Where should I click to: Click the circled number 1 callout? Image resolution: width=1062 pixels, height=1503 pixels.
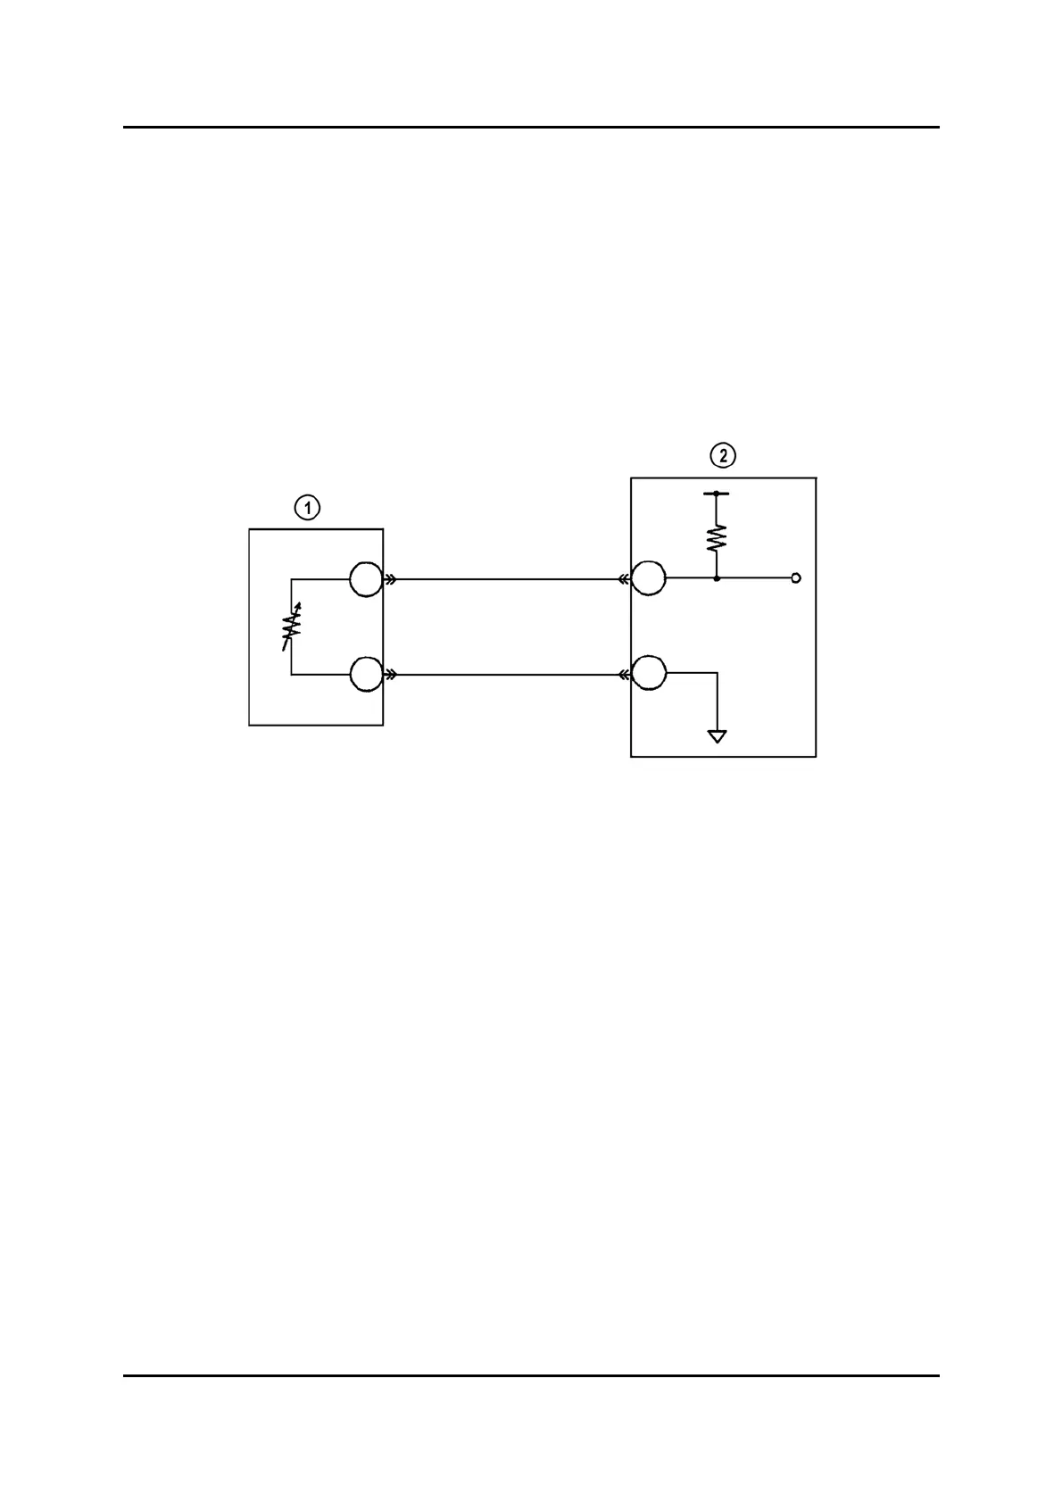click(307, 508)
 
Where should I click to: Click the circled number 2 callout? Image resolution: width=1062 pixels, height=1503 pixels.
click(723, 455)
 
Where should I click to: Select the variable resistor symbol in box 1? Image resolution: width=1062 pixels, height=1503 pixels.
click(291, 627)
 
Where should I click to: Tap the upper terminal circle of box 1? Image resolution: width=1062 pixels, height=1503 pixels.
click(365, 579)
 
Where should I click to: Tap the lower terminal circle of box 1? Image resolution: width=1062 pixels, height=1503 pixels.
click(365, 675)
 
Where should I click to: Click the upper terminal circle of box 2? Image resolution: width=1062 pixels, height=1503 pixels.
click(649, 578)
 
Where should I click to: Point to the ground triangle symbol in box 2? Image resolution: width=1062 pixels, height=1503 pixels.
click(717, 736)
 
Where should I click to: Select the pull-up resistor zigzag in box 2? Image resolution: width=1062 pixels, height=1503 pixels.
click(717, 536)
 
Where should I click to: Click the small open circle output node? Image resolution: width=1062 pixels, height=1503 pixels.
click(796, 578)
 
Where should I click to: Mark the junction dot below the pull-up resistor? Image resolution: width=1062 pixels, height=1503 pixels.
click(717, 578)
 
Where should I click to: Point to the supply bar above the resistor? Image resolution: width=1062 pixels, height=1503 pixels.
click(717, 493)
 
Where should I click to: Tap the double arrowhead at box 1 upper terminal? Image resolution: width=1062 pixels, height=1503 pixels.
click(390, 579)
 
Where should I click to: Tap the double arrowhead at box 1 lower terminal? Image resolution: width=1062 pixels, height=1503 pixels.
click(390, 675)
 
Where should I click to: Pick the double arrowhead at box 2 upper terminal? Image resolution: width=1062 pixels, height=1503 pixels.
click(624, 579)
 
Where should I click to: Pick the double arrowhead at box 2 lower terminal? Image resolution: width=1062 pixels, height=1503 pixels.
click(624, 675)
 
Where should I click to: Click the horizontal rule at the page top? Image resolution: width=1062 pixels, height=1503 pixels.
click(531, 128)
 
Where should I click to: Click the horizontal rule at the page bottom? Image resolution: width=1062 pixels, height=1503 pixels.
click(531, 1375)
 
